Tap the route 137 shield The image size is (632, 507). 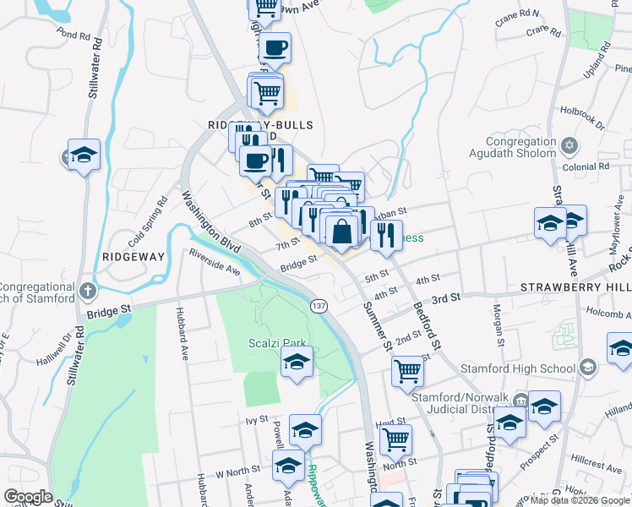click(318, 305)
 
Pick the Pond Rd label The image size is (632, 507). click(74, 36)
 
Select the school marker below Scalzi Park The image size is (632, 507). click(296, 363)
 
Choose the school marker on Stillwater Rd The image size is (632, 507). click(84, 155)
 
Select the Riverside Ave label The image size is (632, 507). click(215, 262)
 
